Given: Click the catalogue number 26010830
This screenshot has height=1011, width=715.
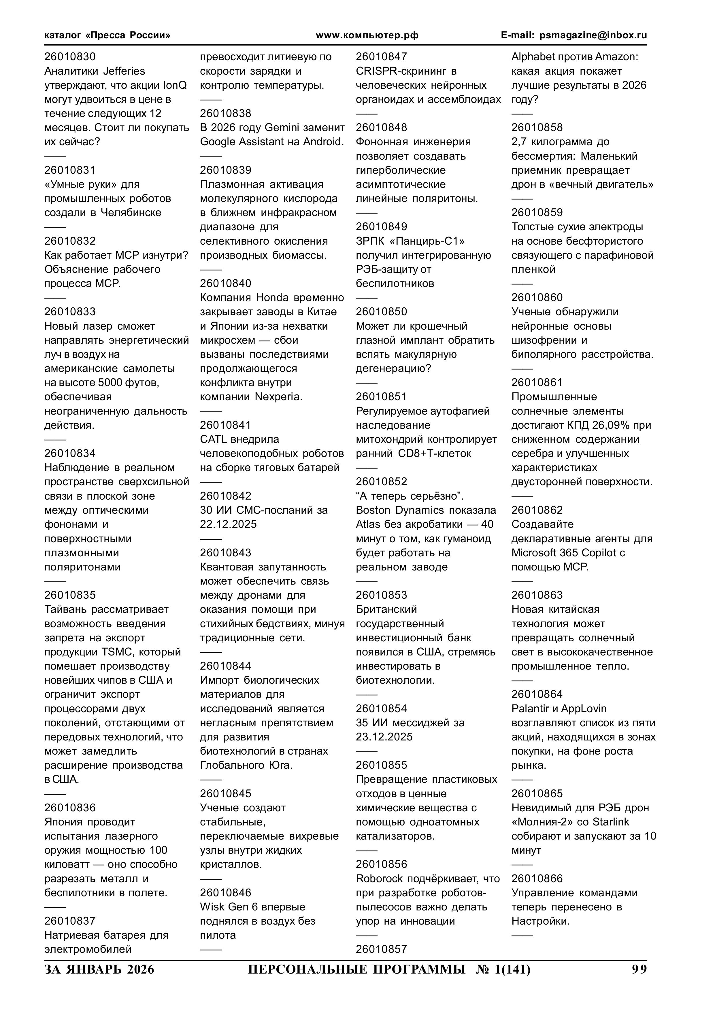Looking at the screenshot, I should [70, 57].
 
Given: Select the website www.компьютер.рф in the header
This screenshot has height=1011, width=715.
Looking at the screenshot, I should [367, 35].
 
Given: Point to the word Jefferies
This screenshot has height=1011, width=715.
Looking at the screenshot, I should [124, 71].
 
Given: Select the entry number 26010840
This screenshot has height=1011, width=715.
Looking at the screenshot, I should [226, 284].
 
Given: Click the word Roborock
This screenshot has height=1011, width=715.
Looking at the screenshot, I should [379, 879].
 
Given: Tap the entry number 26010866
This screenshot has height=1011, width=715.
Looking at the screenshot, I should [537, 879].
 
